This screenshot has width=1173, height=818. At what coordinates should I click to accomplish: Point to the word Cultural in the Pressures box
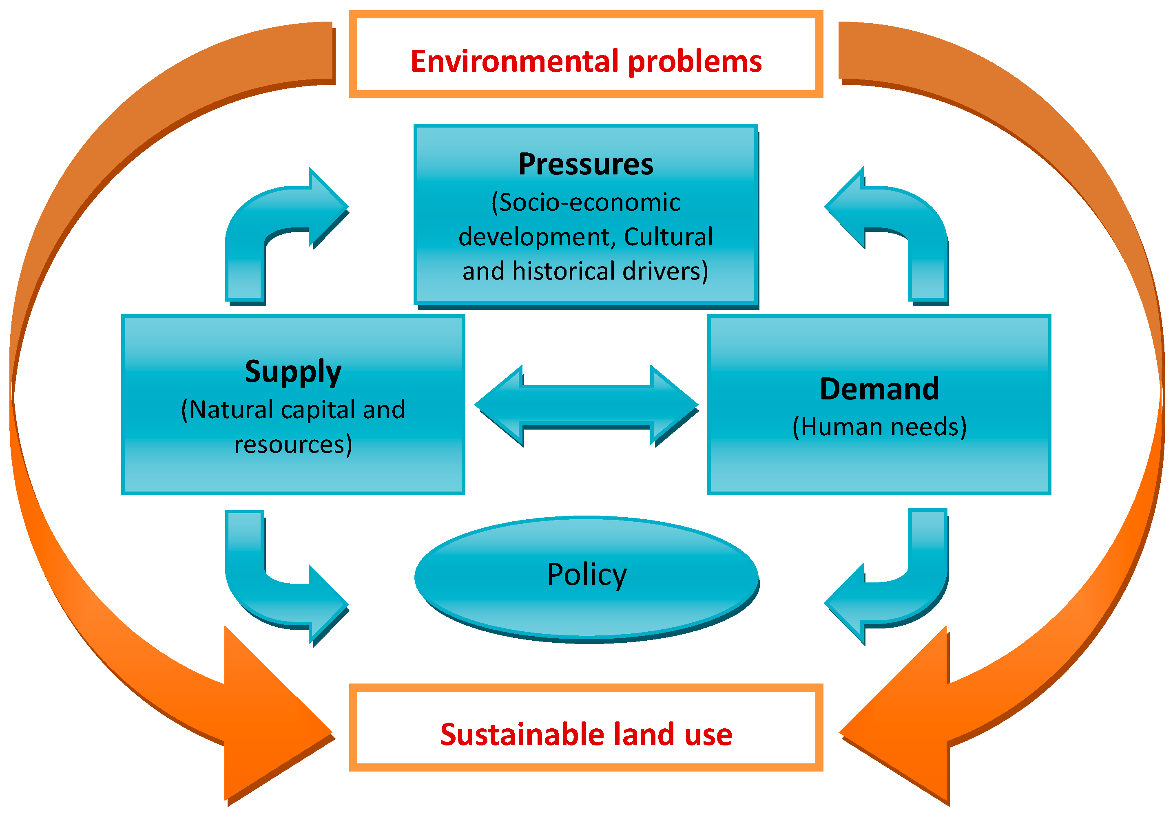pos(668,237)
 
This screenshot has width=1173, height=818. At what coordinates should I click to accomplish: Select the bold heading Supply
pos(293,372)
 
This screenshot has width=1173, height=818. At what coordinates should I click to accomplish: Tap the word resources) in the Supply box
pos(293,445)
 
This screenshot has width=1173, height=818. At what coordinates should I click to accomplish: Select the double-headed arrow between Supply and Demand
pos(586,406)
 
